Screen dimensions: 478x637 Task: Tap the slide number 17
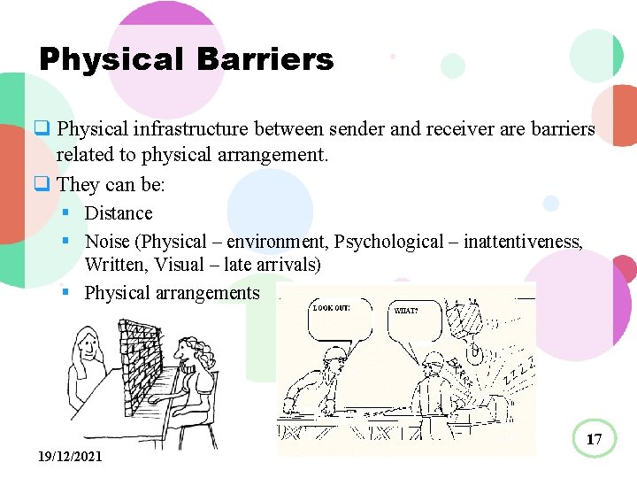(x=594, y=438)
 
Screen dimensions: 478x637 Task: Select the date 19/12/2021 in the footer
(x=70, y=457)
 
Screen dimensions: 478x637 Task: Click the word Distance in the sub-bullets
(x=119, y=213)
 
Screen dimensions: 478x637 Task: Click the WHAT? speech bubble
(x=417, y=320)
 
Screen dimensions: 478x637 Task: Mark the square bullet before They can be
(x=41, y=184)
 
